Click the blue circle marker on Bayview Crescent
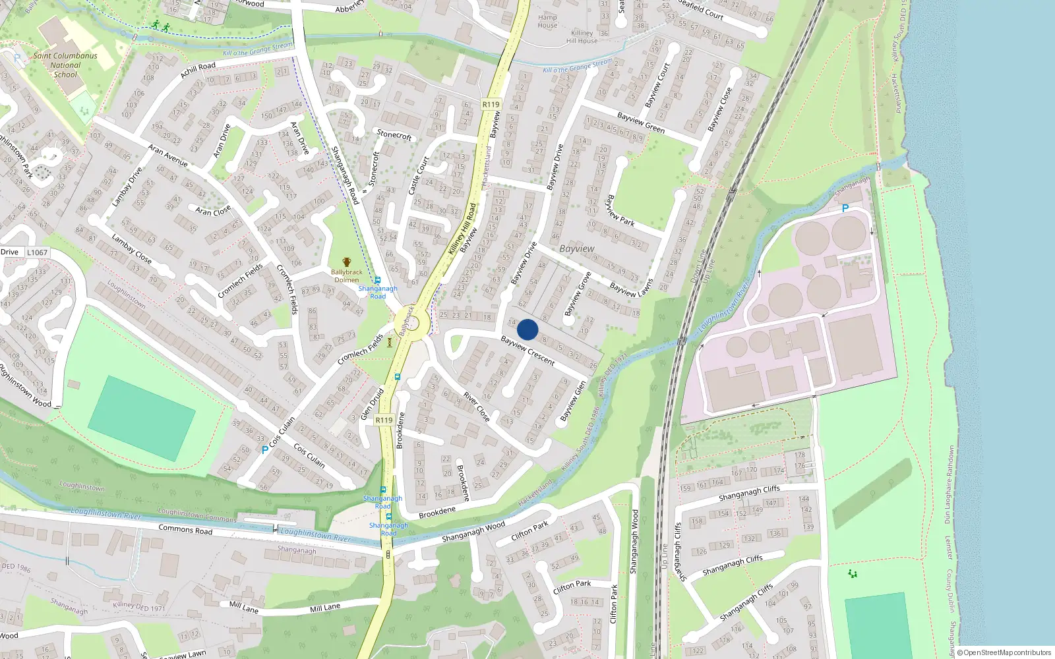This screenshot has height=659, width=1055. (527, 329)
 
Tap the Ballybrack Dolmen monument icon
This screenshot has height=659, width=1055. (347, 262)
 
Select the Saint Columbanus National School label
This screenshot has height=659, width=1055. (65, 65)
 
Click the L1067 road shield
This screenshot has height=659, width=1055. (37, 252)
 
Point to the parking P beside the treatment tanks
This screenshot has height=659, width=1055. (845, 208)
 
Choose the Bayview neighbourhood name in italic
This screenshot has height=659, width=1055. (577, 248)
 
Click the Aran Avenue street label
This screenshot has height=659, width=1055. (167, 156)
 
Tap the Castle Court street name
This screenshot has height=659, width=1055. (418, 175)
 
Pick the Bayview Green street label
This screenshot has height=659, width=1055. (640, 122)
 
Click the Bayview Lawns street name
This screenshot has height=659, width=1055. (631, 288)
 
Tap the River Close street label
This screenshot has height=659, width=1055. (476, 407)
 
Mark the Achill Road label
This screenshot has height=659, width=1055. (198, 70)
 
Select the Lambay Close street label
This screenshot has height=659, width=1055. (131, 248)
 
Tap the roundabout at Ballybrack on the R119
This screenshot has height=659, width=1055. (413, 324)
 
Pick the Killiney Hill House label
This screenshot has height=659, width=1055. (582, 37)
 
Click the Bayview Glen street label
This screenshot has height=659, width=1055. (572, 401)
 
